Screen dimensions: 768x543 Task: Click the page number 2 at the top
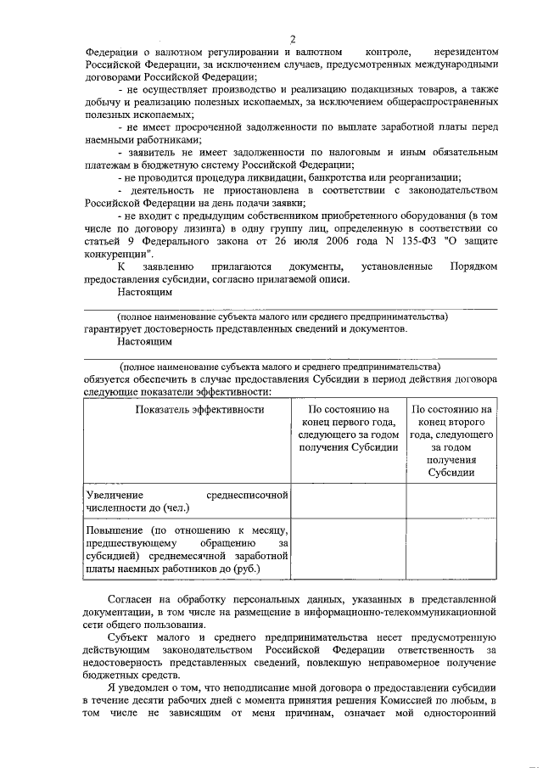coord(293,38)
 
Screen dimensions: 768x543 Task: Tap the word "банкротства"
coord(329,178)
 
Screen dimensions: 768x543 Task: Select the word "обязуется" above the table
coord(110,378)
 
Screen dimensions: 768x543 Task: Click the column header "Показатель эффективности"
coord(187,409)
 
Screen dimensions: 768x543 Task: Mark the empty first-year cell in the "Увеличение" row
coord(348,501)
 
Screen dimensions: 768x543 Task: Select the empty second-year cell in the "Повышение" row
coord(451,549)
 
